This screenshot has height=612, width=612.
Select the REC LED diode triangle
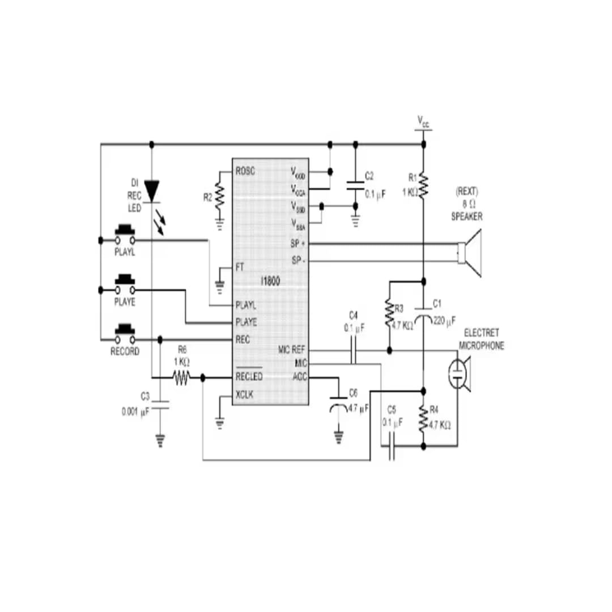pos(151,191)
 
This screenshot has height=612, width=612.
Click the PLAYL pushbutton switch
pos(125,235)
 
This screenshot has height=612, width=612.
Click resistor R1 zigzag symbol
pos(423,185)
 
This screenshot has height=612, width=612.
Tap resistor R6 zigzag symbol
pos(181,377)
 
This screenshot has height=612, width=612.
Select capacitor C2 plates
pos(355,185)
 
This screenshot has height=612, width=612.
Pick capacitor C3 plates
pos(160,405)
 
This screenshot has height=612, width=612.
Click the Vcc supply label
pos(423,121)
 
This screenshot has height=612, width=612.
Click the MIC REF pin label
pos(292,350)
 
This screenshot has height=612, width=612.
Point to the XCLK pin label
pos(245,394)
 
